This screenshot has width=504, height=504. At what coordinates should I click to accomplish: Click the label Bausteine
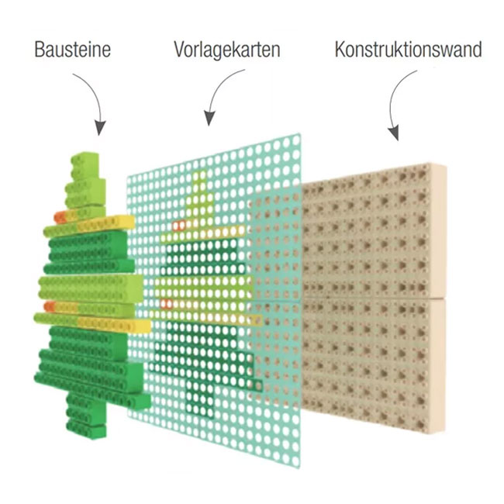(73, 50)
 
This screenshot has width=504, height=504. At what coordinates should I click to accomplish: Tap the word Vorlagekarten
(227, 50)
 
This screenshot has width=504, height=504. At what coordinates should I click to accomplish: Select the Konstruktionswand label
(408, 50)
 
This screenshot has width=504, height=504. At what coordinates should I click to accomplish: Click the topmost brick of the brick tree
(85, 164)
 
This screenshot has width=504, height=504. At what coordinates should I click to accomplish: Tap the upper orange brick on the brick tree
(60, 218)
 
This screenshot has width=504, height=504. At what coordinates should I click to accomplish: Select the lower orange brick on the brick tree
(49, 306)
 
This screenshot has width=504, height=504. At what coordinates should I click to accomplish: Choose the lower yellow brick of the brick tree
(114, 325)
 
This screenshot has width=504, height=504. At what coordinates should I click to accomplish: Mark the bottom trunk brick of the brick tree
(86, 431)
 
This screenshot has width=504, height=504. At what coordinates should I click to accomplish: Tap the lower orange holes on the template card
(166, 303)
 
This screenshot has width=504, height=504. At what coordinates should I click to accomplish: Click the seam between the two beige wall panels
(373, 299)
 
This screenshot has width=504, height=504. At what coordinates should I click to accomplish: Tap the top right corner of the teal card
(301, 133)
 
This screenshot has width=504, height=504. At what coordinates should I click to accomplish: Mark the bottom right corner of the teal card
(300, 468)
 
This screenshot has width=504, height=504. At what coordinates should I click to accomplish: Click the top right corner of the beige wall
(446, 164)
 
